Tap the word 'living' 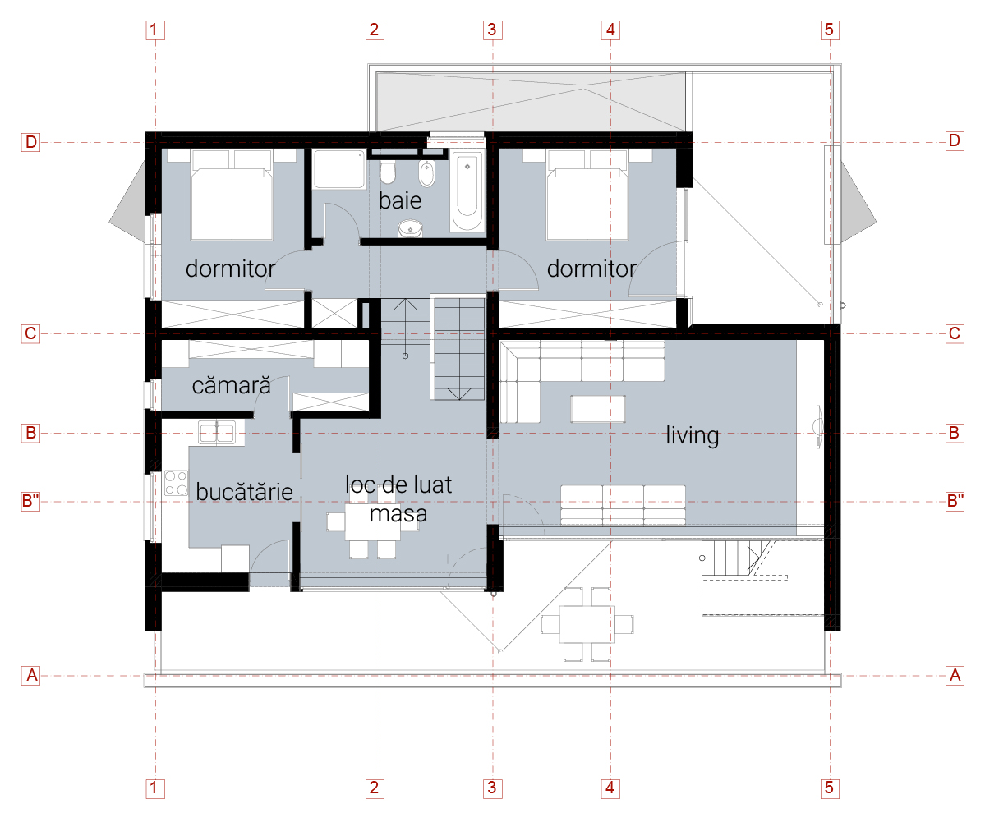692,435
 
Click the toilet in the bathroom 389,172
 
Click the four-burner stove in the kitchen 176,482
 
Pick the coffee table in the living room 599,408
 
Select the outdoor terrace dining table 587,623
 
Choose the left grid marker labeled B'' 31,501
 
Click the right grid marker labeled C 954,334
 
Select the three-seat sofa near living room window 623,504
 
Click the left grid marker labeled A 31,676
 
